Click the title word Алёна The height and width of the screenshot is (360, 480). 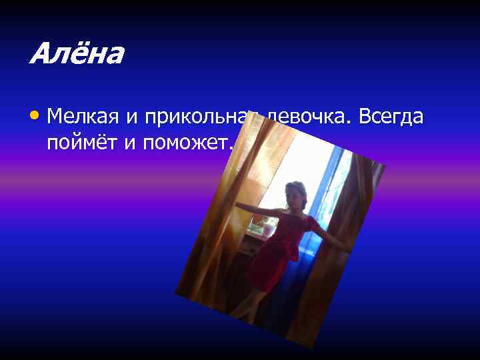(x=76, y=53)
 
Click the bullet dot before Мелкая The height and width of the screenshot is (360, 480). (x=35, y=116)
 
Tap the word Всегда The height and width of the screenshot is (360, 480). (x=391, y=117)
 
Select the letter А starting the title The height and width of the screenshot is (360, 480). (x=39, y=53)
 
